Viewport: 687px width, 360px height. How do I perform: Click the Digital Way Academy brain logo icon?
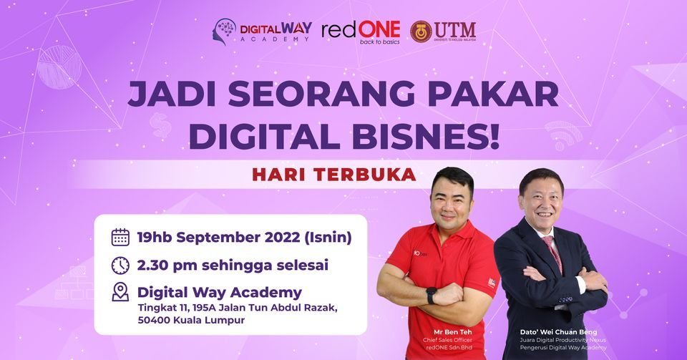[225, 31]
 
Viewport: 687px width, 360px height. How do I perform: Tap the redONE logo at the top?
[361, 31]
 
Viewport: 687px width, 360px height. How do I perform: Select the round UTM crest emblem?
[421, 31]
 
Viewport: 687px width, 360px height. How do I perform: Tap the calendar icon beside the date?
[121, 237]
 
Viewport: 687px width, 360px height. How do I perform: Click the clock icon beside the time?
[121, 265]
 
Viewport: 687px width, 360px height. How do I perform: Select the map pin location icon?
[121, 292]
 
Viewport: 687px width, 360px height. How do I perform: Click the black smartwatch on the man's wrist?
[431, 295]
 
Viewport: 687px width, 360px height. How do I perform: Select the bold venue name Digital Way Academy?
[219, 292]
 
